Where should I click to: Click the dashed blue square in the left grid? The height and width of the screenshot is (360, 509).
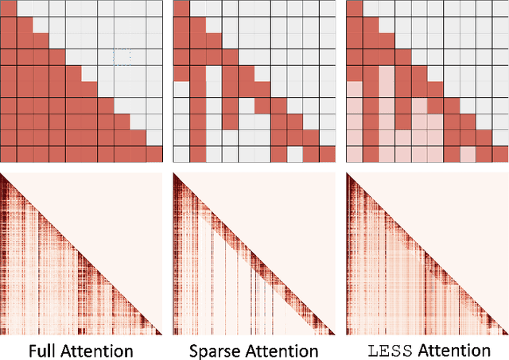coord(121,56)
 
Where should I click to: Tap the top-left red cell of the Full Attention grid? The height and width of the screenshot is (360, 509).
coord(8,9)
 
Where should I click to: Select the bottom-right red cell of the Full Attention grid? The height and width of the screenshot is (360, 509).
coord(153,154)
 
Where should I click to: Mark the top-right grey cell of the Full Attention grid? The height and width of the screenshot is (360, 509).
coord(153,9)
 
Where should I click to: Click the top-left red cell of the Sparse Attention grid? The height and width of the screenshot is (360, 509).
coord(181,9)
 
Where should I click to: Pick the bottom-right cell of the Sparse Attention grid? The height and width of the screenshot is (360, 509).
coord(327,154)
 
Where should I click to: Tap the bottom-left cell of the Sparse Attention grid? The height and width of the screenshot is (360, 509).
coord(181,154)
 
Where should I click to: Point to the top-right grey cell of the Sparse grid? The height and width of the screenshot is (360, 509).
coord(327,9)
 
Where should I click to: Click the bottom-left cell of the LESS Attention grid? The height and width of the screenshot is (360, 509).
coord(355,154)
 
